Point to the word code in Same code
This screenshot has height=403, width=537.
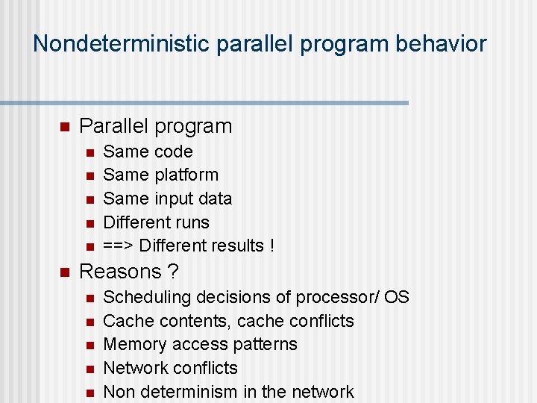click(173, 151)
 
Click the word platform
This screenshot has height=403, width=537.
click(186, 175)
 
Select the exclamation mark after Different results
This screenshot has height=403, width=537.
click(271, 246)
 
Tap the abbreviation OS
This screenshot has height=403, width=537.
click(397, 297)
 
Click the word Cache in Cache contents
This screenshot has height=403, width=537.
click(126, 321)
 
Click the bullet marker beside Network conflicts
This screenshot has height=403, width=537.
click(89, 369)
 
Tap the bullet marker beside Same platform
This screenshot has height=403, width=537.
click(89, 176)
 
